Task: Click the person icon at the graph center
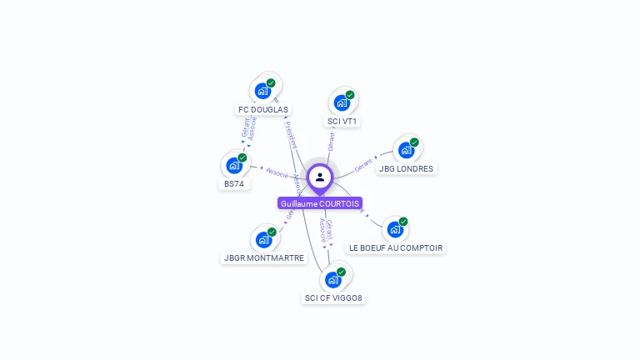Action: [x=320, y=177]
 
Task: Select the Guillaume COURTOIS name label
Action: [x=320, y=203]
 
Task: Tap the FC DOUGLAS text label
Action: [x=263, y=109]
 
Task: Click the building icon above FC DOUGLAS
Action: [x=263, y=91]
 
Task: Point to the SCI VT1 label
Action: [x=342, y=122]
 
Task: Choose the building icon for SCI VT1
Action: [x=342, y=103]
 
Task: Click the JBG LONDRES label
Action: [x=406, y=168]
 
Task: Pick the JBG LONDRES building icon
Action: [x=406, y=150]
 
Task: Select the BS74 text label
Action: [x=234, y=183]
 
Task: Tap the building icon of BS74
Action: [x=234, y=165]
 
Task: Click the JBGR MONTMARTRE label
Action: [x=264, y=258]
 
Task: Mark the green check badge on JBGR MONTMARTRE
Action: [x=272, y=232]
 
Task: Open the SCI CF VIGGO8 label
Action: [x=333, y=297]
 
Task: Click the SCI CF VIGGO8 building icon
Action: [x=333, y=279]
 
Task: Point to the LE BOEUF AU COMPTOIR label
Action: [x=396, y=247]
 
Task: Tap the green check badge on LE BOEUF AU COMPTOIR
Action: [x=403, y=222]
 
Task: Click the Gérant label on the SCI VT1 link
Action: [x=331, y=142]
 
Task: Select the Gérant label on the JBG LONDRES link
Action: [x=364, y=163]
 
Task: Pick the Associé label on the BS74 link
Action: [x=277, y=173]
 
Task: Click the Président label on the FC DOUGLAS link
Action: [x=291, y=134]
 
